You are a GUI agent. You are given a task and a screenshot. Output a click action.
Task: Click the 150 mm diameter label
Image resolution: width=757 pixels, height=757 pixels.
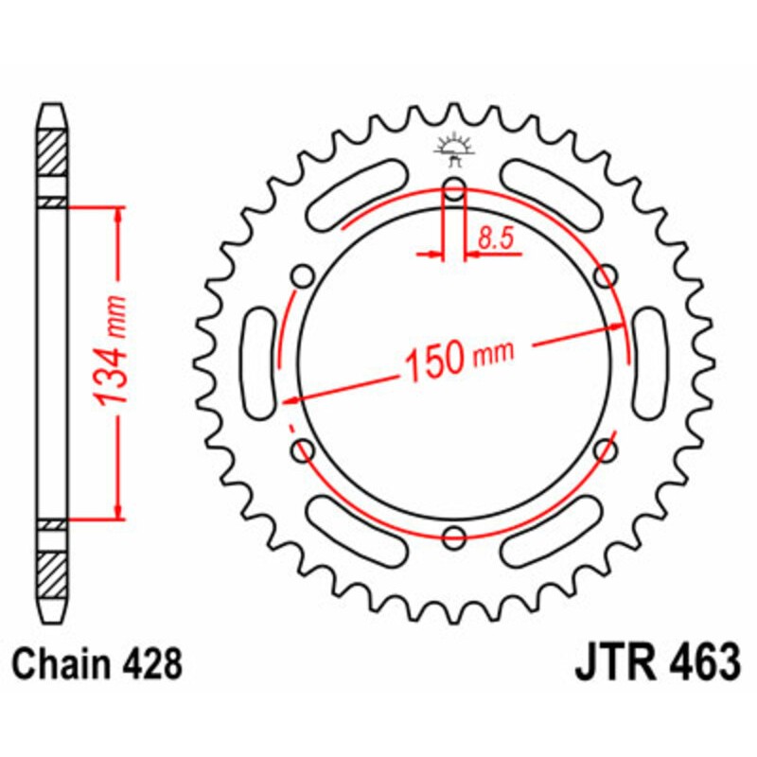[x=458, y=358]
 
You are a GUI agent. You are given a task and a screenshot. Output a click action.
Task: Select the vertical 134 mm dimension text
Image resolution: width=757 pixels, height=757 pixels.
[x=114, y=361]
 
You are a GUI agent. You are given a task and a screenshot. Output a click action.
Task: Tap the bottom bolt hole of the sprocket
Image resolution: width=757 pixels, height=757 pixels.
[x=454, y=537]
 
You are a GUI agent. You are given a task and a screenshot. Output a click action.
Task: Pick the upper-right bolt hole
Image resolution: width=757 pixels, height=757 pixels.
[x=606, y=275]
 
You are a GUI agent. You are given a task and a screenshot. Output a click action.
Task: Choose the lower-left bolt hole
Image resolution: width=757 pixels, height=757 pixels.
[x=303, y=449]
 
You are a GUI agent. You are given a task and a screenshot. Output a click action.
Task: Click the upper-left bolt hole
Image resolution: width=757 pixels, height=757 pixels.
[x=303, y=275]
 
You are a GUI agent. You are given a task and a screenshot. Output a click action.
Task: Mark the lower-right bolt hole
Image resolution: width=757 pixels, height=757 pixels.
[x=606, y=449]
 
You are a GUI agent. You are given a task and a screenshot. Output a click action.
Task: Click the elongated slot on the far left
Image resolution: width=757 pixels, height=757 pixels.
[x=258, y=362]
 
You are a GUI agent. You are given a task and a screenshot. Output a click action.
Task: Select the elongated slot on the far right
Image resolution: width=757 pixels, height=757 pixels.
[x=650, y=362]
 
